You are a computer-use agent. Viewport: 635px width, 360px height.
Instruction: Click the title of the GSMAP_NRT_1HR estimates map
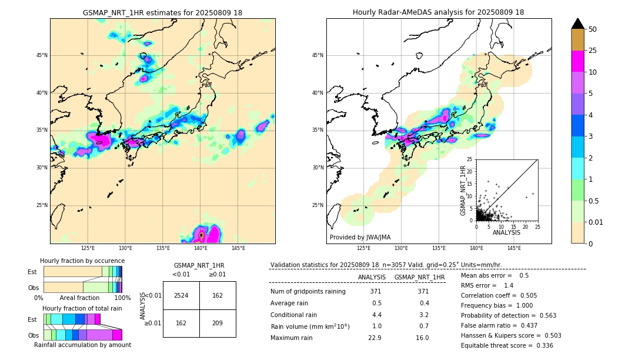point(162,12)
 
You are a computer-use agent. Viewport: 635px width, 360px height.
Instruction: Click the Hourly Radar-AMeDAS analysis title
point(438,12)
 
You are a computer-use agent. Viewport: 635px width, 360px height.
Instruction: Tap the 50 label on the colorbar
point(593,29)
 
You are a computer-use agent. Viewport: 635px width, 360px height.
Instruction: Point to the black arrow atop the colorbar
point(578,24)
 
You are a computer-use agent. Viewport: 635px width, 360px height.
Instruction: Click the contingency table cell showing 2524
point(181,295)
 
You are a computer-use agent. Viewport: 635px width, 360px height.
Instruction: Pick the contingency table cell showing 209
point(218,323)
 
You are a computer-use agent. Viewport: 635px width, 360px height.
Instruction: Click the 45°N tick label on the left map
point(42,55)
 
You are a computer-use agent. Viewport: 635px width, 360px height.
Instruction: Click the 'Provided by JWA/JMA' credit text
point(360,238)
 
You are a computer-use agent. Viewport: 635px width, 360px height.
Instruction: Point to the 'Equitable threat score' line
point(507,345)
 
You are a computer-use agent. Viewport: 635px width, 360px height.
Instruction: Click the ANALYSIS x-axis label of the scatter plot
point(506,232)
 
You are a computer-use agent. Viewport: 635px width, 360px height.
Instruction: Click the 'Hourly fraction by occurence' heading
point(82,261)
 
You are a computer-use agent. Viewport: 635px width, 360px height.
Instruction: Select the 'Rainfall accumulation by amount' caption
point(82,345)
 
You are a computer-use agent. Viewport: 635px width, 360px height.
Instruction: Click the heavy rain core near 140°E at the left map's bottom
point(201,235)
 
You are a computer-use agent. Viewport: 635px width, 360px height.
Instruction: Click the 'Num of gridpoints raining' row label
point(308,292)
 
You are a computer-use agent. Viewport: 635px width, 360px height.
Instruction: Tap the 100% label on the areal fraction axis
point(122,298)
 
